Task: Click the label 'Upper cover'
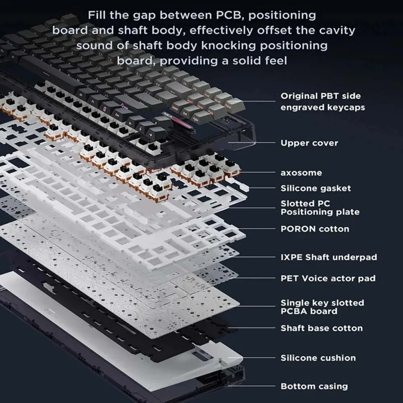(x=309, y=143)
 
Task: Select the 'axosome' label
(x=301, y=173)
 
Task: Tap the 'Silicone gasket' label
(x=316, y=188)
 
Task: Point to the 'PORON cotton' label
(x=315, y=229)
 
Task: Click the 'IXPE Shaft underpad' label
(x=328, y=257)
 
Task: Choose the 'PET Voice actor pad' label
(x=328, y=278)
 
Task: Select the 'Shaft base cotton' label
(x=321, y=328)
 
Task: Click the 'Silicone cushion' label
(x=318, y=358)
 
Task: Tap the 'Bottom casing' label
(x=314, y=386)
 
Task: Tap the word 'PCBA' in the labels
(x=297, y=312)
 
